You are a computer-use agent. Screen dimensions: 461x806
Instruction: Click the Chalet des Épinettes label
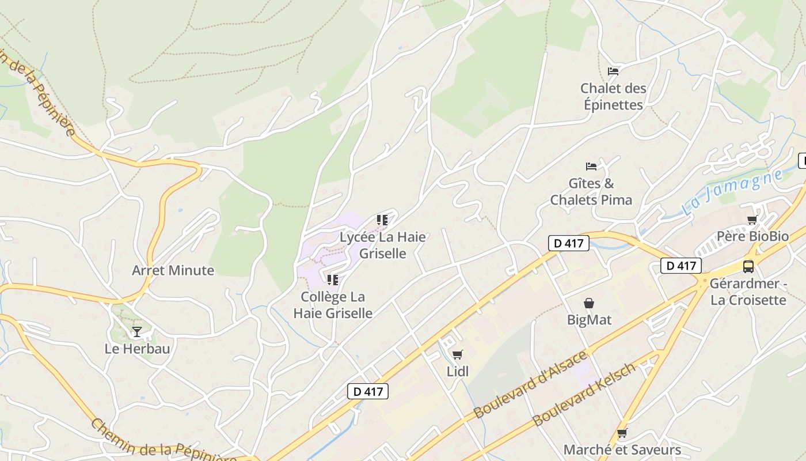click(x=613, y=96)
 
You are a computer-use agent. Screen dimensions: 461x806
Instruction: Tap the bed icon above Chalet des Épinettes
click(x=613, y=71)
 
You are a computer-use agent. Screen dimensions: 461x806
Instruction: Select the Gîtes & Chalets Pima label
click(x=591, y=192)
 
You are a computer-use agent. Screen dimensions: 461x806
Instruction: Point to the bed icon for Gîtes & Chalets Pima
click(x=591, y=167)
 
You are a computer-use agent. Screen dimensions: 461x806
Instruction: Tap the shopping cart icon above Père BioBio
click(x=752, y=220)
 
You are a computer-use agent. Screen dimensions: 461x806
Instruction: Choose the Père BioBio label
click(x=752, y=236)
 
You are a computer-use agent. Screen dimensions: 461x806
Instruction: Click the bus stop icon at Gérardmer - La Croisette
click(x=748, y=267)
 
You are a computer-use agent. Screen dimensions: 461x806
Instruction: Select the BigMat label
click(x=589, y=319)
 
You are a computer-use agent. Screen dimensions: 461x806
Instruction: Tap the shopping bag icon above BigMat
click(x=589, y=303)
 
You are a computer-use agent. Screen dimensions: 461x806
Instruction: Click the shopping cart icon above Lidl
click(x=458, y=355)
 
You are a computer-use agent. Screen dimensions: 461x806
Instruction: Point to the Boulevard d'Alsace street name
click(x=530, y=384)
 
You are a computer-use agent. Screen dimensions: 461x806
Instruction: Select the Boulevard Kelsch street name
click(x=585, y=394)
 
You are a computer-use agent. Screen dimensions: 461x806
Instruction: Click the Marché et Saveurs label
click(x=622, y=449)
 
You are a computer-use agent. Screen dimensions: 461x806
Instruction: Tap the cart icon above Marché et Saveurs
click(x=622, y=433)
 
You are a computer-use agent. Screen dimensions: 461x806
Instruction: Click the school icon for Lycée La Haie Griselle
click(x=382, y=220)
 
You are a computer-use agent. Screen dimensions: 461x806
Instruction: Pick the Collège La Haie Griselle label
click(x=333, y=305)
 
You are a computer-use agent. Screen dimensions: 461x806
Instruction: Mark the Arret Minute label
click(x=173, y=270)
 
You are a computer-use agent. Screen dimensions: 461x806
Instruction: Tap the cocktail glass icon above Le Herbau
click(x=137, y=332)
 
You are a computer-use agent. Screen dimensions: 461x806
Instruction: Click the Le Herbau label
click(x=137, y=349)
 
